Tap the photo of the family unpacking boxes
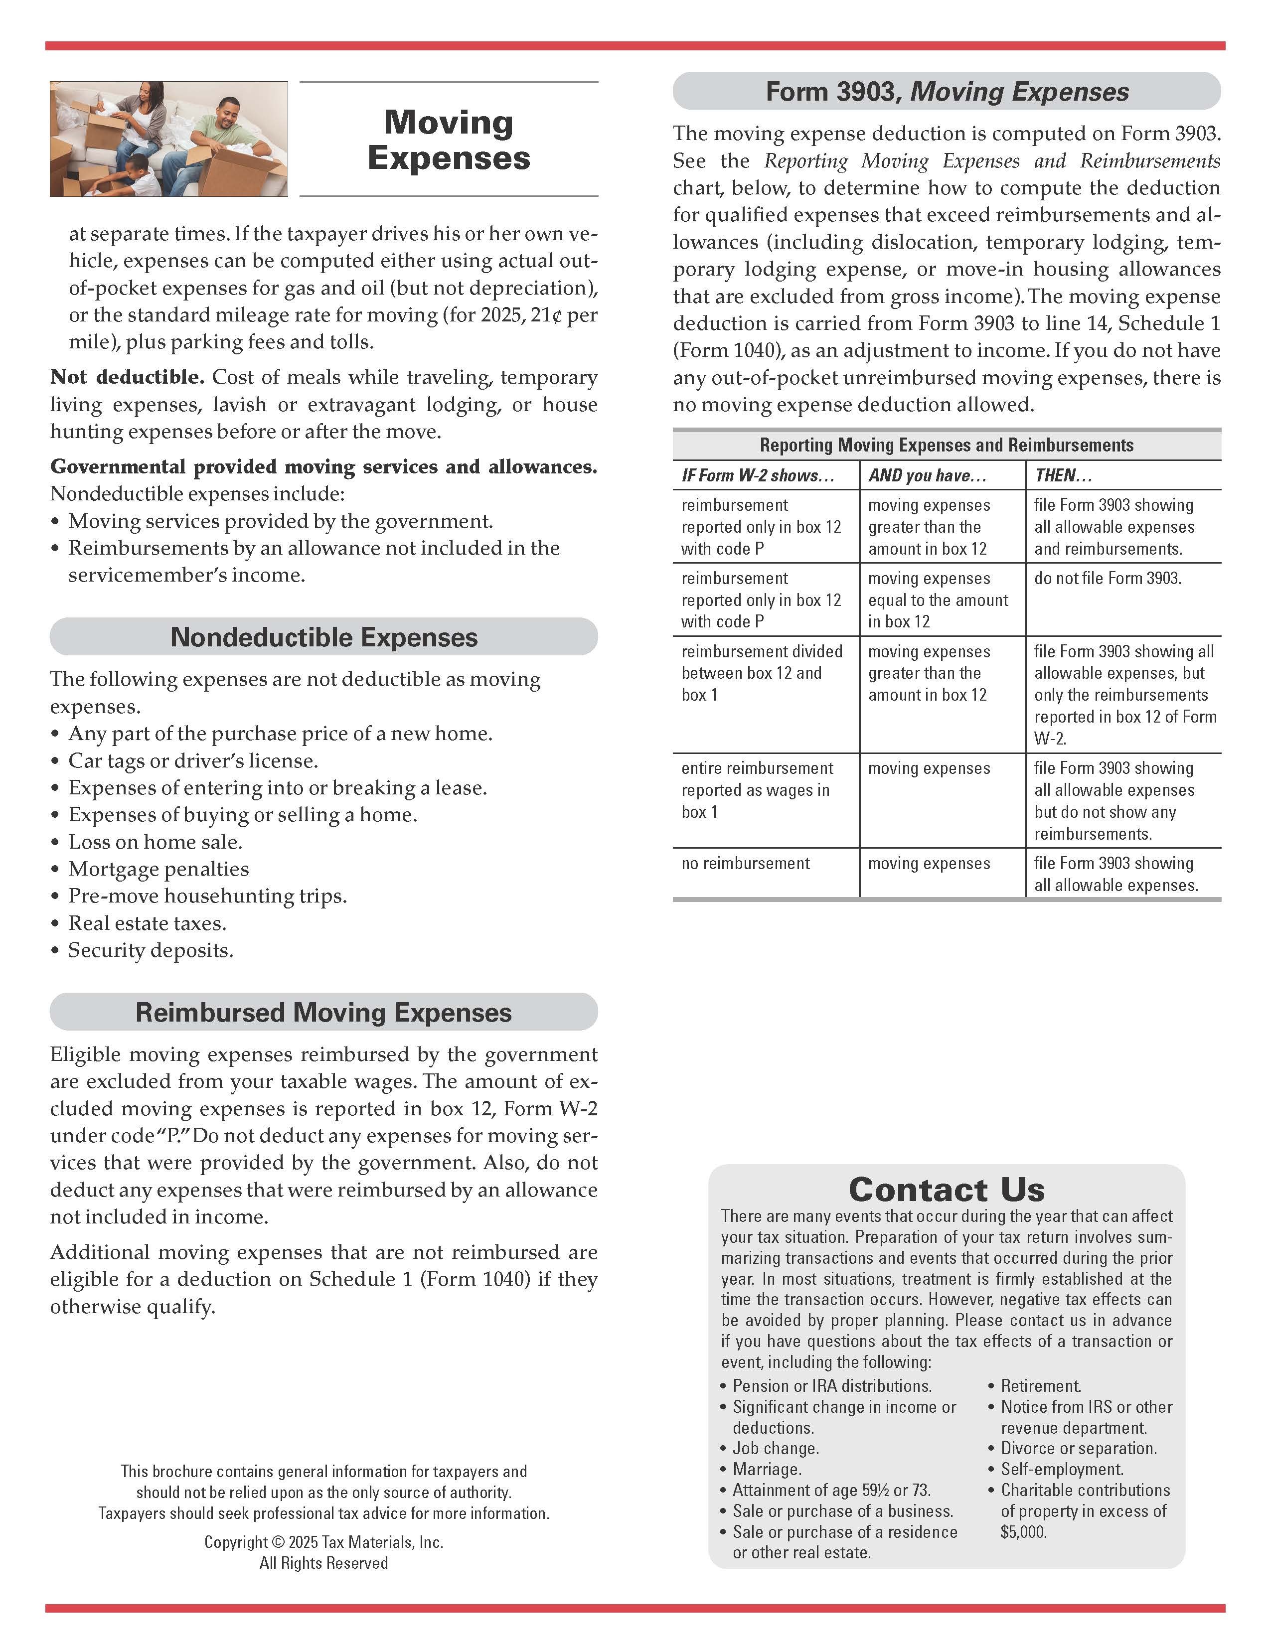pos(168,139)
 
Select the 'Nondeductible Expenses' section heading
pos(323,637)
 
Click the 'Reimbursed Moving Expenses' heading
pos(323,1012)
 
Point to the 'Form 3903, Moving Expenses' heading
pos(947,91)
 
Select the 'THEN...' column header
pos(1063,475)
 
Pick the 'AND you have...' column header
pos(927,475)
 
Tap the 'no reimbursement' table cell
pos(745,864)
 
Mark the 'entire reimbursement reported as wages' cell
pos(757,789)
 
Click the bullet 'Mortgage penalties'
pos(159,869)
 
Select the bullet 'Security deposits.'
pos(151,950)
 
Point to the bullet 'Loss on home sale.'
pos(155,842)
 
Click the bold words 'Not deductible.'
pos(127,377)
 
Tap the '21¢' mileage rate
pos(546,315)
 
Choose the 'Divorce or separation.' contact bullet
pos(1078,1448)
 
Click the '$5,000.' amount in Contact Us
pos(1023,1531)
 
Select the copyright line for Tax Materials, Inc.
pos(323,1542)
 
